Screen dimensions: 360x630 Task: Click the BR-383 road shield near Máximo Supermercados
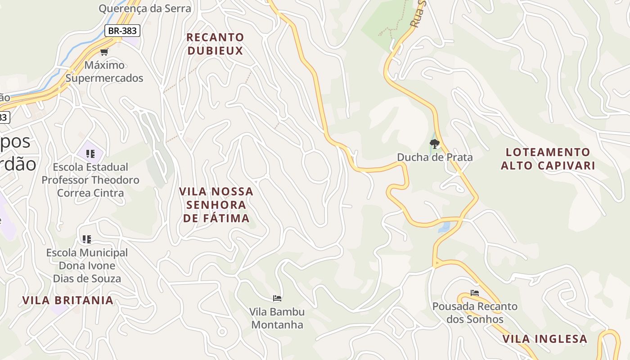[x=122, y=31]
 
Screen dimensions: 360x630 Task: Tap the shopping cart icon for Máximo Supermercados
[x=104, y=52]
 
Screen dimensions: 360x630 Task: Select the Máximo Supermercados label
[x=104, y=72]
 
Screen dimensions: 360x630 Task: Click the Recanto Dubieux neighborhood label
[x=216, y=44]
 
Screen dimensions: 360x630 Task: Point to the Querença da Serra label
[x=145, y=8]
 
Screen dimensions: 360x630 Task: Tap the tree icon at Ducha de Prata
[x=434, y=144]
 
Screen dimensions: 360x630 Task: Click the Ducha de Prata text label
[x=435, y=157]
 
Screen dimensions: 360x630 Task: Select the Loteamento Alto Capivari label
[x=548, y=159]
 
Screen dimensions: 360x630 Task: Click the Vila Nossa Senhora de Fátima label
[x=216, y=205]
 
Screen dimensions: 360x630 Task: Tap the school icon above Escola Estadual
[x=90, y=154]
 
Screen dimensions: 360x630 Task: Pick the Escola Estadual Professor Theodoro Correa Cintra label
[x=90, y=180]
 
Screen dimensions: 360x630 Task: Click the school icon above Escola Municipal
[x=87, y=239]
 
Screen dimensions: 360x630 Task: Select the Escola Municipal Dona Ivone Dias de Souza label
[x=87, y=265]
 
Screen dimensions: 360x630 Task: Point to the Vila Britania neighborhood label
[x=68, y=300]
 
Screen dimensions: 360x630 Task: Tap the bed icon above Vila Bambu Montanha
[x=277, y=298]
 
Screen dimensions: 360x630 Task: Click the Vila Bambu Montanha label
[x=277, y=318]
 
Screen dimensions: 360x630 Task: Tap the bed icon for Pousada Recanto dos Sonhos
[x=475, y=293]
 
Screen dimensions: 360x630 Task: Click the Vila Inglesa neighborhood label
[x=545, y=339]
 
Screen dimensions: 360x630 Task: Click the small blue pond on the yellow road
[x=444, y=227]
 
